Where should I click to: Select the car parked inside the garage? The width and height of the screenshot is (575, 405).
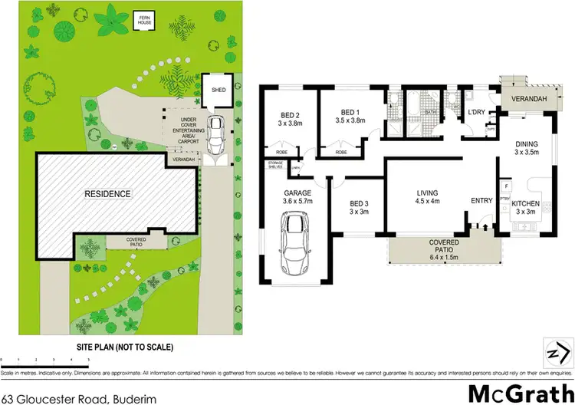point(295,245)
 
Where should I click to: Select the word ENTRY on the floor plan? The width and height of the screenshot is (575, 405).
point(481,201)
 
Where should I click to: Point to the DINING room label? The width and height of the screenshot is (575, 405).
point(527,143)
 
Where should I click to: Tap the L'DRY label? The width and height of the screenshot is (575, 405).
point(478,114)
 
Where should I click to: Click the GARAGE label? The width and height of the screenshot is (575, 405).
point(296,193)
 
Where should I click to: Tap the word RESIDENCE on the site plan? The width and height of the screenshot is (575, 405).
point(108,194)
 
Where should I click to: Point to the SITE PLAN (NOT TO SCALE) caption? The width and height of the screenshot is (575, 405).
point(124,347)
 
